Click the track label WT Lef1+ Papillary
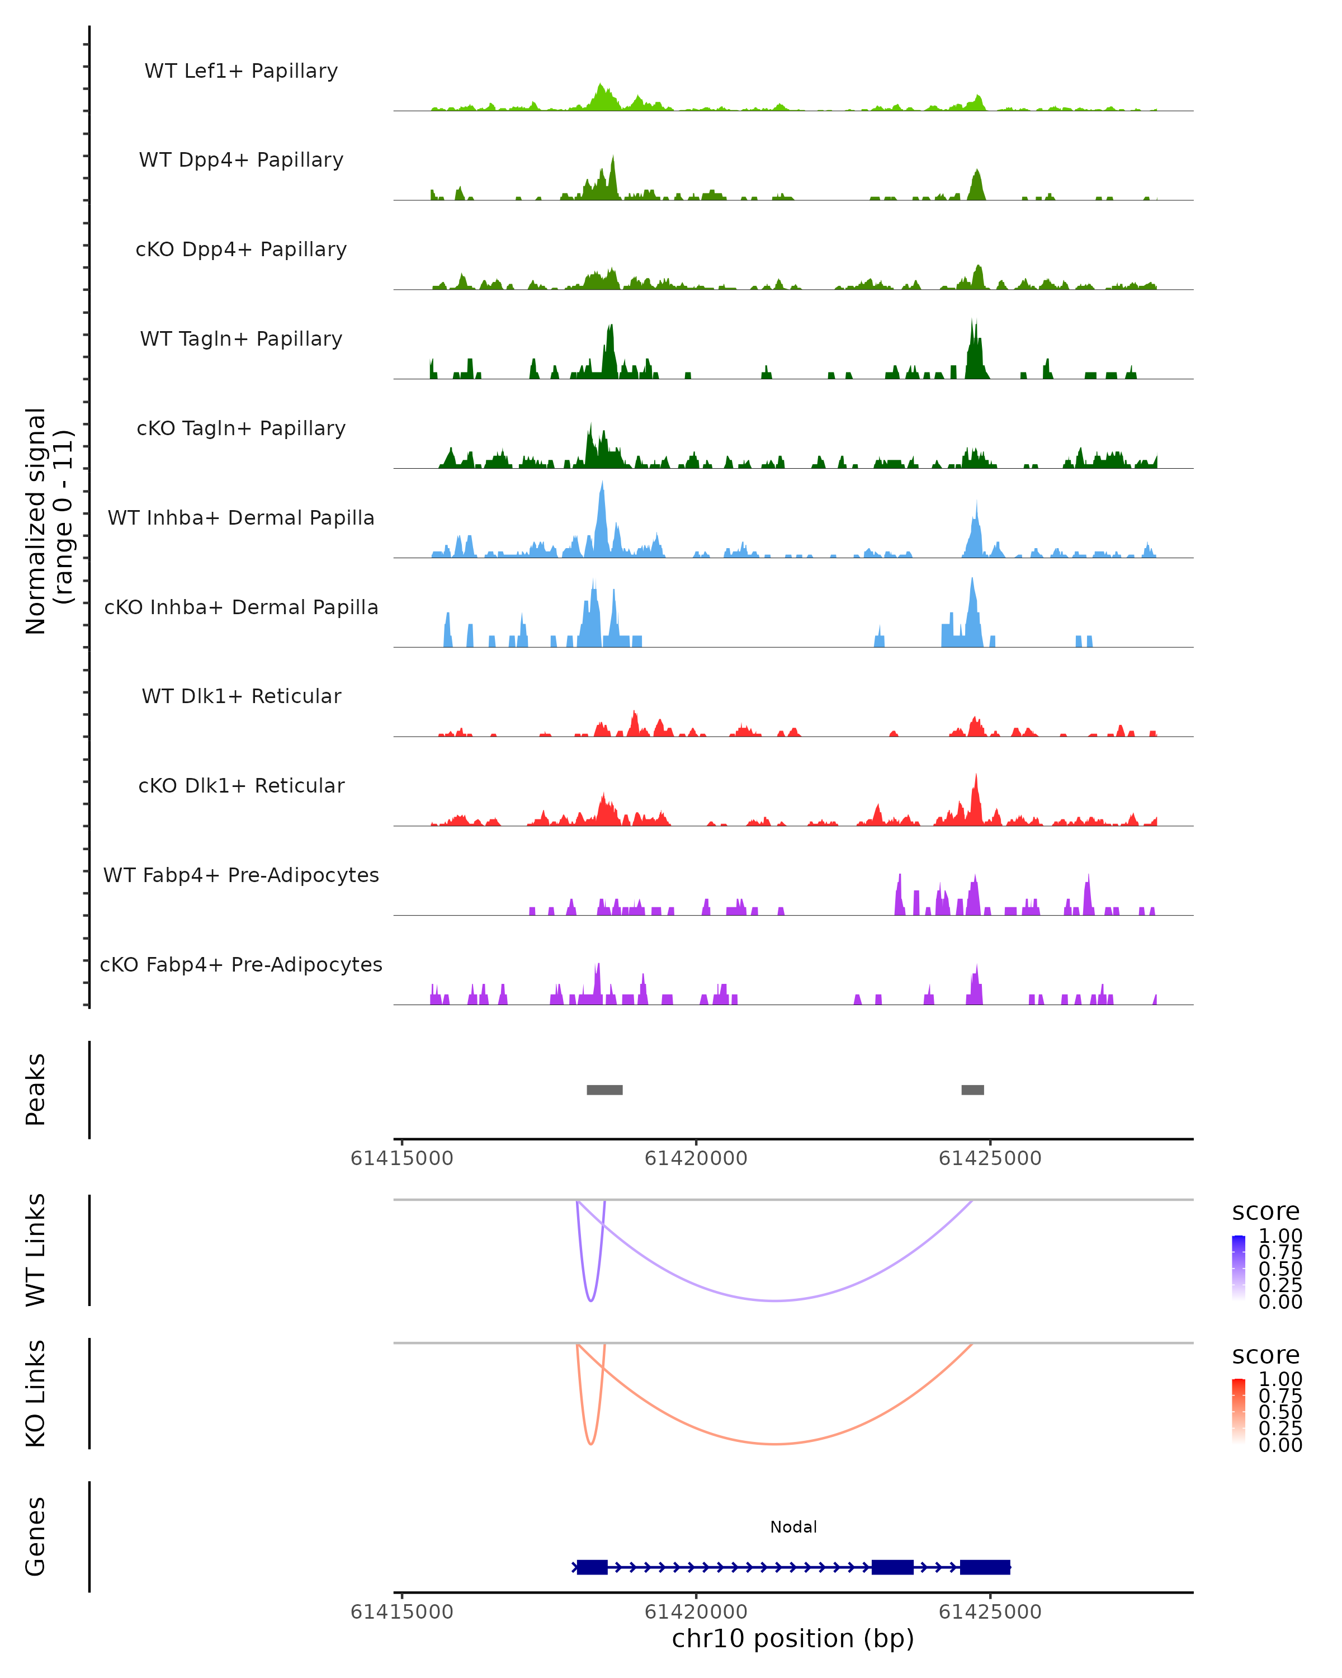click(x=241, y=71)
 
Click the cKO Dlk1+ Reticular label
click(x=241, y=785)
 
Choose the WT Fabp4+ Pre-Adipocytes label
click(x=241, y=875)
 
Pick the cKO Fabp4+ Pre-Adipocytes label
click(x=241, y=964)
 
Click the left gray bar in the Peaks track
click(x=604, y=1090)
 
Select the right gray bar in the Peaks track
click(x=972, y=1090)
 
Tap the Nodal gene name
click(x=793, y=1527)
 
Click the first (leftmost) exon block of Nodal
click(x=592, y=1567)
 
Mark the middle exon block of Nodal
click(x=892, y=1567)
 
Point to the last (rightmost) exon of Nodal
click(x=985, y=1567)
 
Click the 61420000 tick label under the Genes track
click(x=696, y=1611)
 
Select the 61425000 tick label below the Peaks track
click(x=990, y=1158)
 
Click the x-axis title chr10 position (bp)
click(x=793, y=1638)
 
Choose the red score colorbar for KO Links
click(x=1239, y=1411)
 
